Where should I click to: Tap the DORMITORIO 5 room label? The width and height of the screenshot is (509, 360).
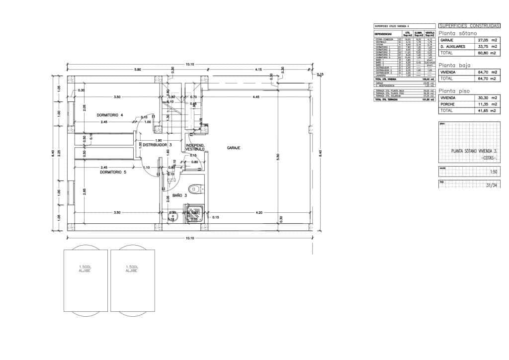(113, 172)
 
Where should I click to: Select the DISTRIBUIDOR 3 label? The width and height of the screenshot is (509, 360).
(157, 145)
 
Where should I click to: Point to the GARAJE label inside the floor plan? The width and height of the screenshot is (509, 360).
(234, 148)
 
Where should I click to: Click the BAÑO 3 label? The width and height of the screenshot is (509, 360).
(179, 195)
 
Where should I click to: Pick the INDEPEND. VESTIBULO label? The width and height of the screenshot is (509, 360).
(195, 147)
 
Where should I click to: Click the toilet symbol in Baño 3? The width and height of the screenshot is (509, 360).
(195, 188)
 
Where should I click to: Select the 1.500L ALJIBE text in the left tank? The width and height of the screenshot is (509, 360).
(85, 269)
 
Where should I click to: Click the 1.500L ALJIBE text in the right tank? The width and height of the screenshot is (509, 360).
(132, 269)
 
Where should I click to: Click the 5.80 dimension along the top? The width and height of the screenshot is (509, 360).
(138, 69)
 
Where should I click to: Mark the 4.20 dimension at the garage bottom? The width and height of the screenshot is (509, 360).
(258, 213)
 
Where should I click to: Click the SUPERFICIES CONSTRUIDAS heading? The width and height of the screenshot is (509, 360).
(469, 25)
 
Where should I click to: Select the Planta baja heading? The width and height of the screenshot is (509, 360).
(454, 65)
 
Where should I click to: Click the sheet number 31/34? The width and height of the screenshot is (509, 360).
(491, 185)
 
